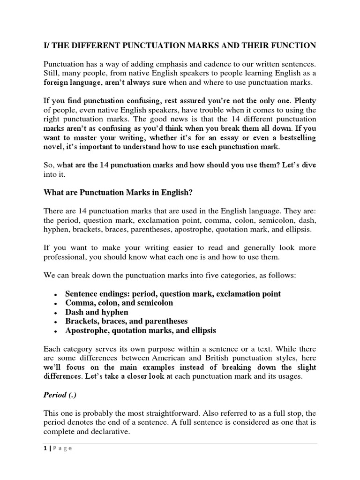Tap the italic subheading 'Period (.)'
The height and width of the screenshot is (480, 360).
tap(62, 395)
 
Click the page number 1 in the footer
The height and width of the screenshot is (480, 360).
tap(45, 448)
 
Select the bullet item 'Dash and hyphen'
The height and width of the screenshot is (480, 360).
tap(97, 312)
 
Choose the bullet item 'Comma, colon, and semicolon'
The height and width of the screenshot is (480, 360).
tap(119, 303)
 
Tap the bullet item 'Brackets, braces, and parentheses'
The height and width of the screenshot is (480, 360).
tap(126, 321)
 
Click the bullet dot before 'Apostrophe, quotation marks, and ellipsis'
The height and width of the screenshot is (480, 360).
tap(56, 331)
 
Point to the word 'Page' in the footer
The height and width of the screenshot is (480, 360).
tap(61, 448)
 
